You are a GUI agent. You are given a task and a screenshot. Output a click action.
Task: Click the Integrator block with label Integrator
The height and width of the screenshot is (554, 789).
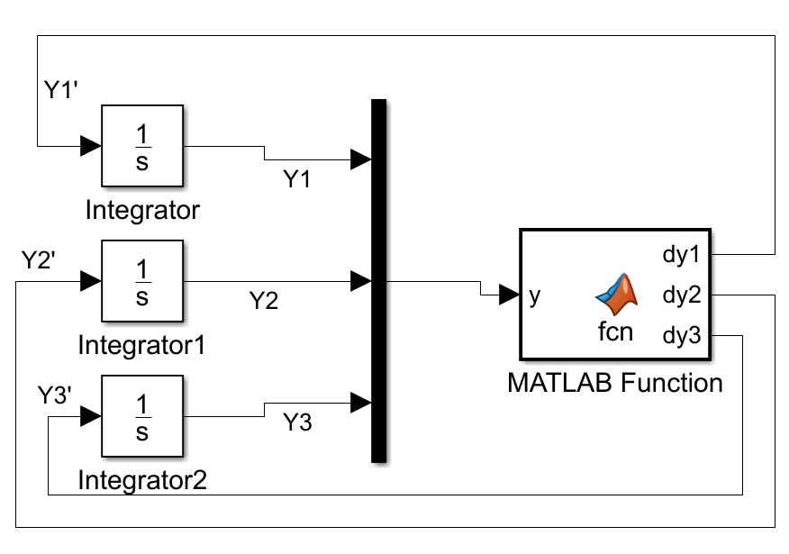pos(141,145)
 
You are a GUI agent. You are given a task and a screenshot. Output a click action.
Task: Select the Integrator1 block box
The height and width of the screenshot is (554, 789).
pos(141,281)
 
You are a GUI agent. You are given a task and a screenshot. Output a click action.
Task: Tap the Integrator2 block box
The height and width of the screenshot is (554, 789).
pos(141,416)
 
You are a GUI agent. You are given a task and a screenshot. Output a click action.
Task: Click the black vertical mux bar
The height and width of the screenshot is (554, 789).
pos(379,280)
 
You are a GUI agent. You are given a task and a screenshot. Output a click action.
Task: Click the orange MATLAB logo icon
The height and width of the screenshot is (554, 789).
pos(616,291)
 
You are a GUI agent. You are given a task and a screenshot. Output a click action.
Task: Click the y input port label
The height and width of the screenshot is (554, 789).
pos(535,295)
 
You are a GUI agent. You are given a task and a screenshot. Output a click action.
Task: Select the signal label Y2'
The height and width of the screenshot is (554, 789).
pos(40,260)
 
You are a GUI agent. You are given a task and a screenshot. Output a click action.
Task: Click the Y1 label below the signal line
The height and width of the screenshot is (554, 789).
pos(297,179)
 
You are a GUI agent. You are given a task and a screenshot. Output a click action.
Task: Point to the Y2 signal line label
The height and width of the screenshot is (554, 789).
pos(263,300)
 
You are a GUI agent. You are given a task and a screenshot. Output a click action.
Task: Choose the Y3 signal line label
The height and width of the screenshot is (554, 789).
pos(297,422)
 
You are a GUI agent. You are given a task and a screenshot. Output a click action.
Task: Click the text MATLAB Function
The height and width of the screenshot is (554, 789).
pos(615,383)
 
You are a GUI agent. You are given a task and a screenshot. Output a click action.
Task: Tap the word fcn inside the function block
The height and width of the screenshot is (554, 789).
pos(615,331)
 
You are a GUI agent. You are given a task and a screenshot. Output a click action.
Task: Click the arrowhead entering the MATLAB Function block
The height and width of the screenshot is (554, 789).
pos(509,294)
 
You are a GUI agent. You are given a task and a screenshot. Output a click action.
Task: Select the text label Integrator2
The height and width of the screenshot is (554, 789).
pos(142,478)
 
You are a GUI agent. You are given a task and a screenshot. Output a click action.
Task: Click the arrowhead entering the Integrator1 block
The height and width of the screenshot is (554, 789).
pos(90,281)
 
